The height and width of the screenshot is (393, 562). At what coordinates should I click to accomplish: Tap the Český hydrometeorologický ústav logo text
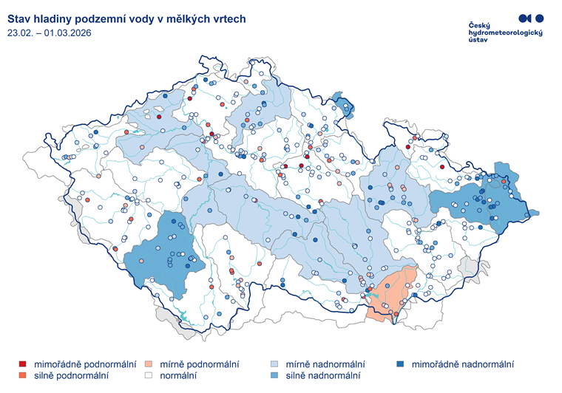pos(505,33)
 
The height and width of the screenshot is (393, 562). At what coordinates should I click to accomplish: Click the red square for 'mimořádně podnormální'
pos(23,364)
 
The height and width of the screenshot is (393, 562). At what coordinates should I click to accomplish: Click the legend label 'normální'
pos(178,376)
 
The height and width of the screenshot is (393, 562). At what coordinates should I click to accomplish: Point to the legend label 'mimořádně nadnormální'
pos(462,364)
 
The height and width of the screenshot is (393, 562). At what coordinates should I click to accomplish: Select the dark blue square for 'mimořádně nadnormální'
pos(400,364)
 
